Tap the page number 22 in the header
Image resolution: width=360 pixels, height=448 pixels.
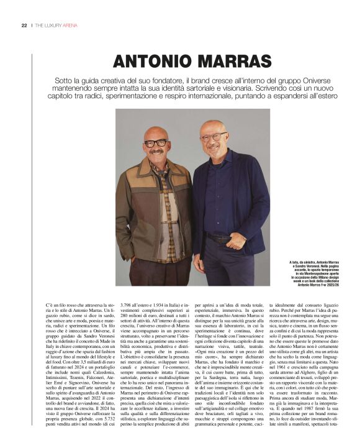[x=24, y=25]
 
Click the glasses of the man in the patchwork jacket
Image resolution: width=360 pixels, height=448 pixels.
[x=155, y=142]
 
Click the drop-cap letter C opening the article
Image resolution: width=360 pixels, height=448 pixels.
[x=48, y=307]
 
